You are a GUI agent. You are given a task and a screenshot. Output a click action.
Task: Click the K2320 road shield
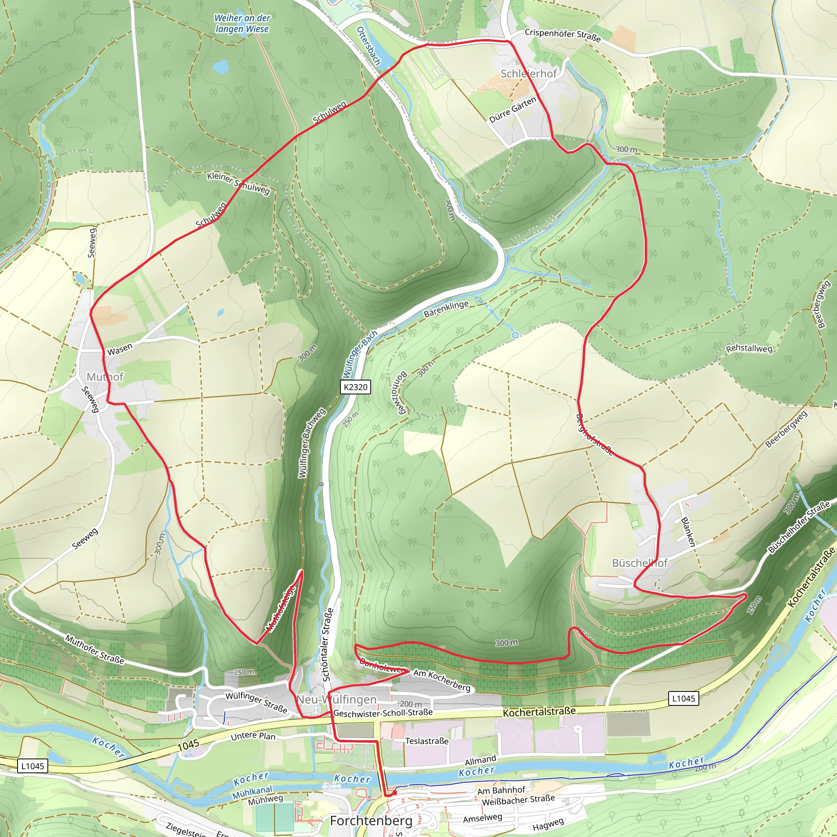[x=355, y=387]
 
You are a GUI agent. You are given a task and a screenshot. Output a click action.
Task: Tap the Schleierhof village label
[x=528, y=74]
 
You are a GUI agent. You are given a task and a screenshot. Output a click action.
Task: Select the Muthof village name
[x=105, y=376]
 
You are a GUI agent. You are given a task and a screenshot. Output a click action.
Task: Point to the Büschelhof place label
[x=640, y=563]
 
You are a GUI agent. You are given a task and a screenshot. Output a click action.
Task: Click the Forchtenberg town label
[x=371, y=821]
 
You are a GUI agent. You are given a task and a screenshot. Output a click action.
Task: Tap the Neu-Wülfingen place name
[x=337, y=700]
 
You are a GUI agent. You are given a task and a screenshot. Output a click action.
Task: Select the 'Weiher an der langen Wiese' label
[x=242, y=23]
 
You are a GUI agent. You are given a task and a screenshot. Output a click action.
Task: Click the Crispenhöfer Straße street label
[x=562, y=36]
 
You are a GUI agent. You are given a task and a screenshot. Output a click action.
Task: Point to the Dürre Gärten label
[x=512, y=110]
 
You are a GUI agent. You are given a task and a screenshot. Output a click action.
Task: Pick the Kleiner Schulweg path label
[x=238, y=183]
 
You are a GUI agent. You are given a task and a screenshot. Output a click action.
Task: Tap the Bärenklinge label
[x=446, y=309]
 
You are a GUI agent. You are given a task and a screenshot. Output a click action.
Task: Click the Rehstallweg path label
[x=749, y=348]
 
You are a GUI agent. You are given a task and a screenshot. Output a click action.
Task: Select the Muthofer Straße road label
[x=94, y=649]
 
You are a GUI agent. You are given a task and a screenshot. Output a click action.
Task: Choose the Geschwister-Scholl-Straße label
[x=383, y=712]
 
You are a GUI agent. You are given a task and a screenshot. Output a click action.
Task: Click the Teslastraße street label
[x=427, y=741]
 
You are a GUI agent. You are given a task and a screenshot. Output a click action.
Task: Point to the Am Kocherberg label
[x=441, y=680]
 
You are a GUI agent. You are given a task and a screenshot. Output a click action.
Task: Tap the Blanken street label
[x=688, y=532]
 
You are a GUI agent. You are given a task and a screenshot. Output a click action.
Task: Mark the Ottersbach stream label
[x=368, y=46]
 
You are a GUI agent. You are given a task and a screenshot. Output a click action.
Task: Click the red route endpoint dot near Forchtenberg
[x=394, y=792]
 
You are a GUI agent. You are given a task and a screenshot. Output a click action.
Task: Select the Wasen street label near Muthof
[x=120, y=349]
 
